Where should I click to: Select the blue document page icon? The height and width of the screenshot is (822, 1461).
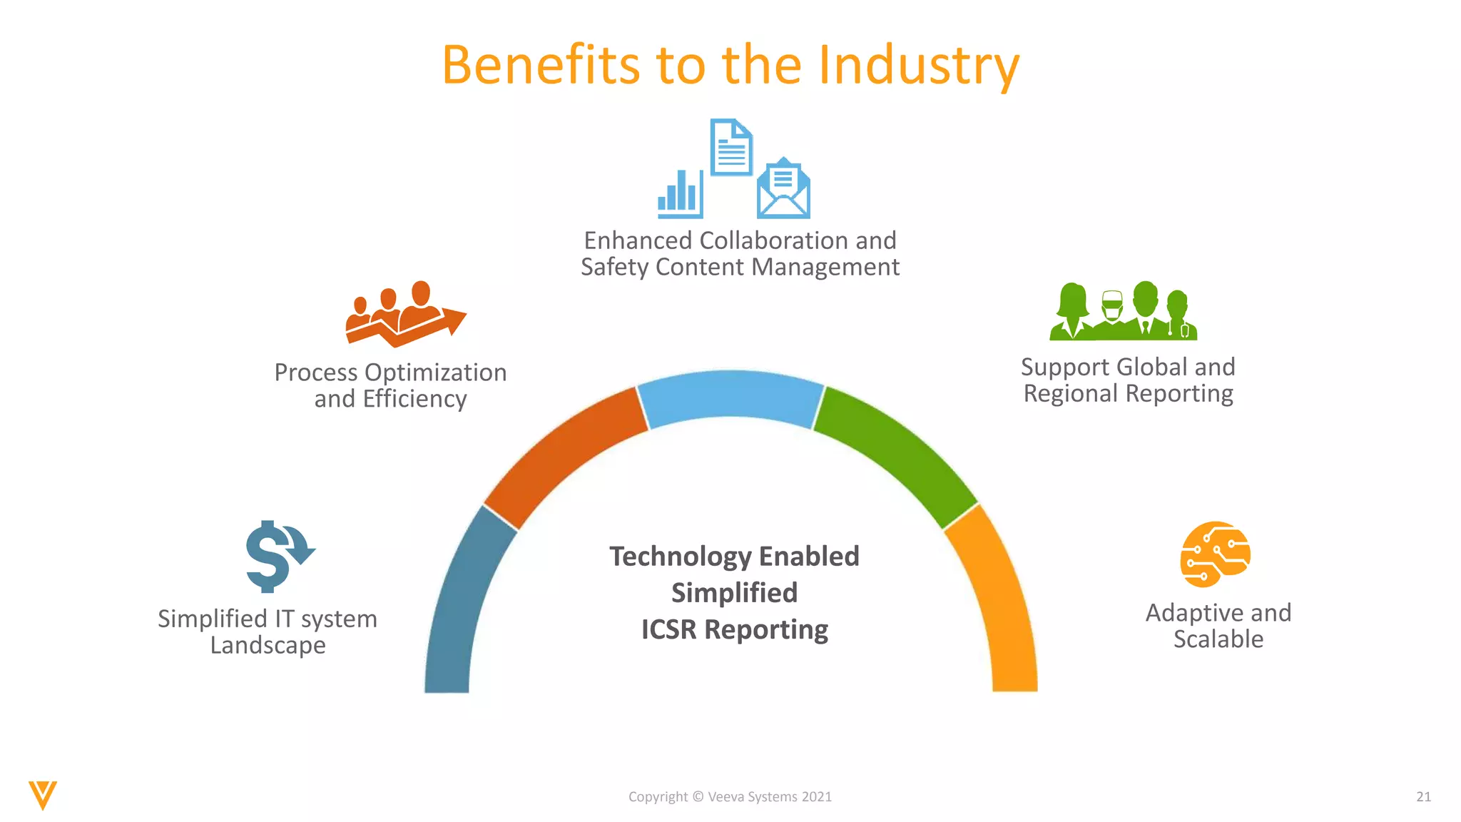tap(731, 147)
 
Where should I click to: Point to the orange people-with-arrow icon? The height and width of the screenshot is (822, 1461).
tap(404, 314)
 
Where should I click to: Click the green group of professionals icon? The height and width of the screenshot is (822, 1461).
tap(1123, 312)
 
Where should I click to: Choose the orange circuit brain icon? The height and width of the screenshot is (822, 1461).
tap(1215, 554)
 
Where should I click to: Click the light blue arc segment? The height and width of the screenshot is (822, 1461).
tap(730, 396)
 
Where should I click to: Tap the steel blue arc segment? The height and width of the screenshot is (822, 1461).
tap(460, 607)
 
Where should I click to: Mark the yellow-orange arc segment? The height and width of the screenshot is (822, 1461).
tap(999, 607)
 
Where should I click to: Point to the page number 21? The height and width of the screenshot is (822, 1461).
tap(1423, 797)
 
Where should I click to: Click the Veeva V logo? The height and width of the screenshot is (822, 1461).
tap(43, 795)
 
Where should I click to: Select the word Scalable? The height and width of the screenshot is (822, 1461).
tap(1218, 639)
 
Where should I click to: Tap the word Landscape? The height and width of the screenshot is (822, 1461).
tap(268, 645)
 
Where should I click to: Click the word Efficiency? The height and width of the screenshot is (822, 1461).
tap(414, 399)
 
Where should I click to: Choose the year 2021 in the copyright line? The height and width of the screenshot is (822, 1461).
tap(816, 797)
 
